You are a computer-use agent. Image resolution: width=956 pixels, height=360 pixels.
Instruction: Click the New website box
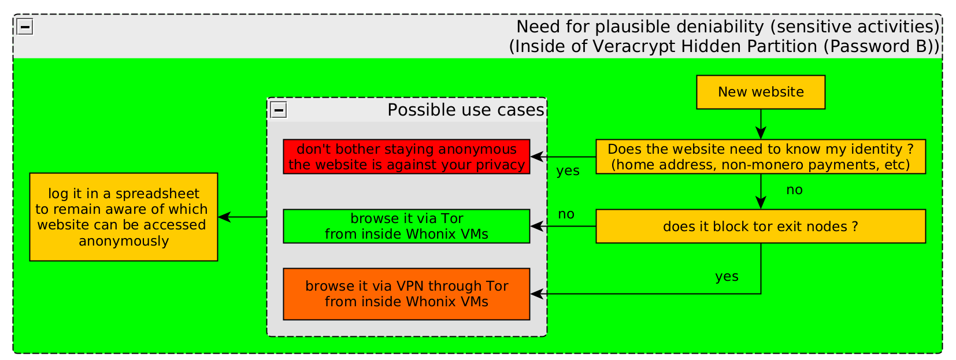pyautogui.click(x=761, y=92)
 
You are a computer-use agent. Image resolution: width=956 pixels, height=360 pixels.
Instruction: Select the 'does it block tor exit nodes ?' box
pyautogui.click(x=761, y=226)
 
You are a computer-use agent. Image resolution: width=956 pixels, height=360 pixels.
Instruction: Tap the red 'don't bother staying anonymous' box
pyautogui.click(x=406, y=157)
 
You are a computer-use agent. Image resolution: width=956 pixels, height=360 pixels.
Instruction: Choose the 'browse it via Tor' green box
pyautogui.click(x=406, y=226)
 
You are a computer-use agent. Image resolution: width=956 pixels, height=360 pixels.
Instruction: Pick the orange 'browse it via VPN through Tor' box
pyautogui.click(x=406, y=294)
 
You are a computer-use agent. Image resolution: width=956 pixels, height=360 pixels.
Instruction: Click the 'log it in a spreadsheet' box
pyautogui.click(x=123, y=217)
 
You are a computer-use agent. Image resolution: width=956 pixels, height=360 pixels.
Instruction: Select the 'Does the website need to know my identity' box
pyautogui.click(x=761, y=157)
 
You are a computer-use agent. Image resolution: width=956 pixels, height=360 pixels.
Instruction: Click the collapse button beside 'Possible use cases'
pyautogui.click(x=279, y=110)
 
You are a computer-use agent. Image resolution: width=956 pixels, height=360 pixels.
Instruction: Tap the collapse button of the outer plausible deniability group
pyautogui.click(x=25, y=27)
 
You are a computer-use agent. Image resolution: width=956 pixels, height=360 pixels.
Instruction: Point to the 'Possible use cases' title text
pyautogui.click(x=466, y=110)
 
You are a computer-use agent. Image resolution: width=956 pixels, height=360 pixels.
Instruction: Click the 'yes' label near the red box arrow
pyautogui.click(x=568, y=170)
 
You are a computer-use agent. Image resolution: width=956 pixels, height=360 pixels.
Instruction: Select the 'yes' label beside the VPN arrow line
pyautogui.click(x=727, y=276)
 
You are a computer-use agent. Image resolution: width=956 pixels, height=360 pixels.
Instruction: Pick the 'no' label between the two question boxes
pyautogui.click(x=794, y=190)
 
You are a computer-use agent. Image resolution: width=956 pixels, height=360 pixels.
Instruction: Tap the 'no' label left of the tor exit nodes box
pyautogui.click(x=566, y=214)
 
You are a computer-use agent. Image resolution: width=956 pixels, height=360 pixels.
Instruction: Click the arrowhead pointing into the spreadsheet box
pyautogui.click(x=224, y=217)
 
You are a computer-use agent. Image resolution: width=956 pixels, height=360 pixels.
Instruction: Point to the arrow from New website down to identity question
pyautogui.click(x=761, y=124)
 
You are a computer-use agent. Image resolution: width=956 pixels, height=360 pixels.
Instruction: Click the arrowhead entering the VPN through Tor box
pyautogui.click(x=536, y=294)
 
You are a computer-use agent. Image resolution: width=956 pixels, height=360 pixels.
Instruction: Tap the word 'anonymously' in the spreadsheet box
pyautogui.click(x=124, y=242)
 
